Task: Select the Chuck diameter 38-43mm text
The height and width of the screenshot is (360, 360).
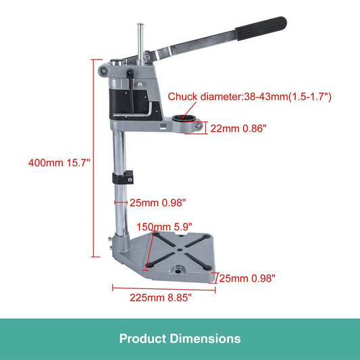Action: point(250,97)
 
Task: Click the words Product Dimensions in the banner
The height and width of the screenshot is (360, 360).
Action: point(180,338)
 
